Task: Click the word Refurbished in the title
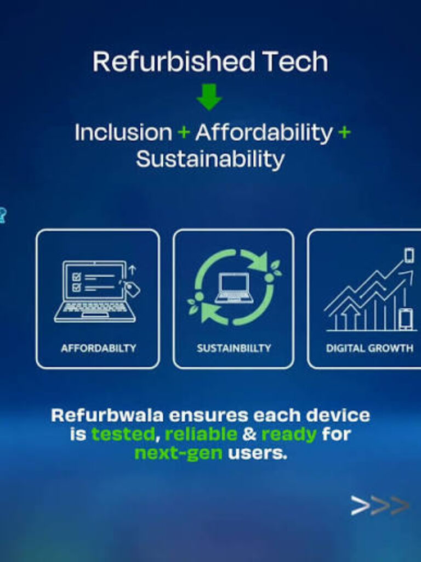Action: click(174, 61)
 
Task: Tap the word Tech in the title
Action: click(295, 61)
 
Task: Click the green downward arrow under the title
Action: click(209, 97)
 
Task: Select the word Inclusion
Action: click(123, 132)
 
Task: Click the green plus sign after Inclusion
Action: click(184, 132)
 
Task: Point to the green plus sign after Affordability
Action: click(344, 132)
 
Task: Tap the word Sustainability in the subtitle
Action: click(210, 159)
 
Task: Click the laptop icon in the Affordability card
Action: click(96, 291)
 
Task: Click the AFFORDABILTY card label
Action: click(99, 348)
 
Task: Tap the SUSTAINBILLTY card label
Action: click(234, 348)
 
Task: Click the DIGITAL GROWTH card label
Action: click(369, 348)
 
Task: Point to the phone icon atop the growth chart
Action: click(409, 255)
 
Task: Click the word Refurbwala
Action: click(107, 415)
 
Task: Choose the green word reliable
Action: click(201, 434)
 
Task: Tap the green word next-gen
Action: click(179, 453)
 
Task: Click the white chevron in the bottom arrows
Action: click(360, 505)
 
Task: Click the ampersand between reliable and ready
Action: click(249, 434)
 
